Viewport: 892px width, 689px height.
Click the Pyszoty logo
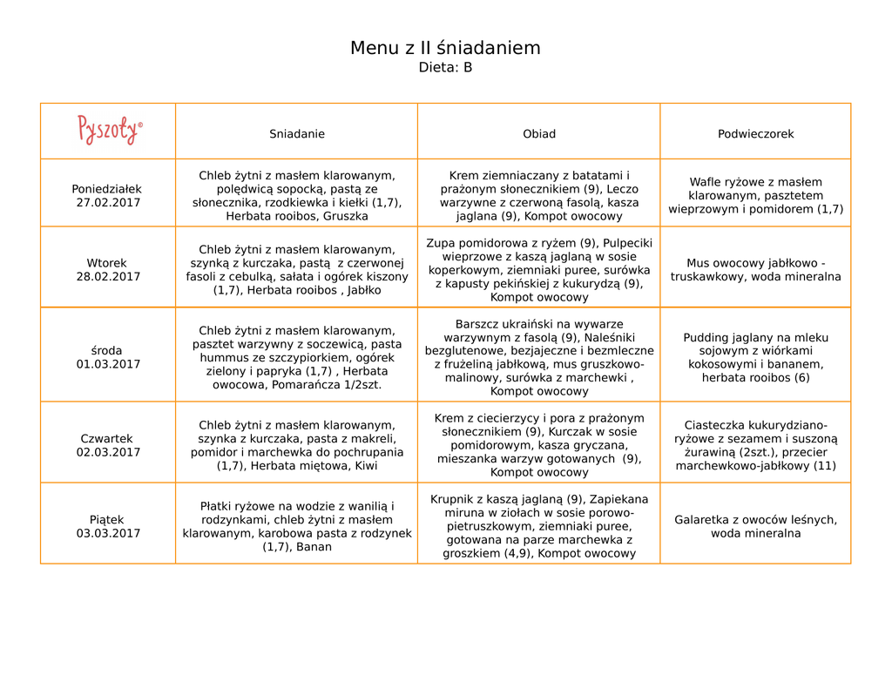[x=109, y=130]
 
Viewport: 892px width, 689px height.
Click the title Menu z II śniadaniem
[x=445, y=48]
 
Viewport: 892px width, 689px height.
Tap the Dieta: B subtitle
[x=445, y=67]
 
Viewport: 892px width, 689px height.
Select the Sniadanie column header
[x=296, y=134]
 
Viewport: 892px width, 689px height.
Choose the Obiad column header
[x=538, y=134]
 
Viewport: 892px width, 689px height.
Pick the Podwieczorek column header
[x=755, y=134]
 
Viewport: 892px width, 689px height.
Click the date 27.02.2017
[x=108, y=203]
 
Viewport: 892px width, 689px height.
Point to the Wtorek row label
[x=106, y=263]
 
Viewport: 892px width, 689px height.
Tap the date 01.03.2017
[x=108, y=364]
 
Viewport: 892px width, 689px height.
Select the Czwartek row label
[x=106, y=438]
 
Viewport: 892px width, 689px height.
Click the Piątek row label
[x=106, y=519]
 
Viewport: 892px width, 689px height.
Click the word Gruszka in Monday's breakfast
[x=345, y=216]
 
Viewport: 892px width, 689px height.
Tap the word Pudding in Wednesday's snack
[x=707, y=338]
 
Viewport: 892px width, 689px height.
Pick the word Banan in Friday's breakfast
[x=314, y=547]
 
